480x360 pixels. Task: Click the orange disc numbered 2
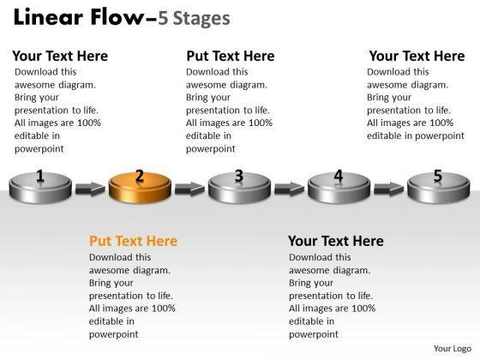[140, 188]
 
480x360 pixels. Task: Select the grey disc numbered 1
[40, 188]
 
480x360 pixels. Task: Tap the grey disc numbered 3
[239, 188]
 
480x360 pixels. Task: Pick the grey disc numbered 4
[339, 188]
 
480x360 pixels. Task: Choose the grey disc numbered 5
[438, 188]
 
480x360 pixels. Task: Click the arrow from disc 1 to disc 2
[90, 189]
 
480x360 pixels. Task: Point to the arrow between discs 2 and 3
[189, 189]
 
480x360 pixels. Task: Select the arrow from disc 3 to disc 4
[290, 189]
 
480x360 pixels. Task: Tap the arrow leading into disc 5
[389, 189]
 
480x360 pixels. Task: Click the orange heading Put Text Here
[133, 241]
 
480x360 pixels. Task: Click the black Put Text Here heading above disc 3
[231, 56]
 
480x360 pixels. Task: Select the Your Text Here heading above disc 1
[60, 56]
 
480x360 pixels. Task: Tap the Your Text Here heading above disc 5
[417, 56]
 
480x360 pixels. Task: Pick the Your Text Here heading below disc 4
[336, 241]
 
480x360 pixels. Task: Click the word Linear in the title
[48, 17]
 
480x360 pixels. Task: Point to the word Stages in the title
[201, 19]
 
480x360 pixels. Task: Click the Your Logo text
[453, 349]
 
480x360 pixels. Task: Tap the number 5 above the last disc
[438, 176]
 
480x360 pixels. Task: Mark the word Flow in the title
[117, 17]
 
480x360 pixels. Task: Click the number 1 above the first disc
[40, 176]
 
